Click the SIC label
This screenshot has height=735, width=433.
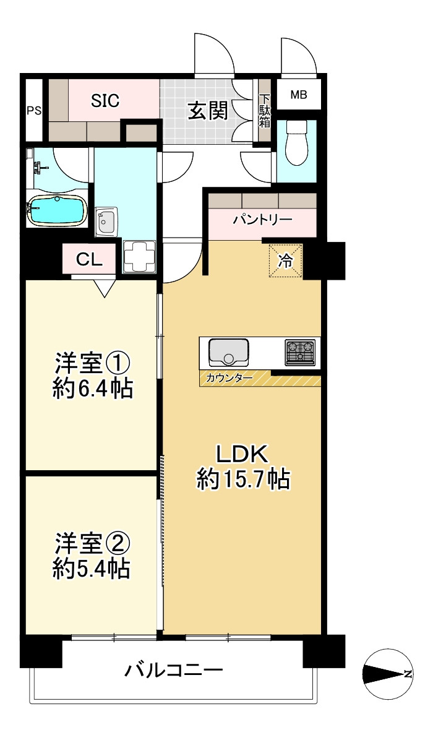[x=105, y=100]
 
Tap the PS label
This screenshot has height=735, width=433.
[x=33, y=111]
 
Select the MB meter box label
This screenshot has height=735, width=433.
[x=298, y=95]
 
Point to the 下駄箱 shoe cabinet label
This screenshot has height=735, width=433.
[x=265, y=111]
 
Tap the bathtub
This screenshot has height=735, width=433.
[x=57, y=210]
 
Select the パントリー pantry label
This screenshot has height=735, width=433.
[x=262, y=220]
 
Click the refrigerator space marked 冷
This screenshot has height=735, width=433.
[x=285, y=261]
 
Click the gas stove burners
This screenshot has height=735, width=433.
[x=299, y=351]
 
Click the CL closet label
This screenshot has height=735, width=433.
[x=89, y=260]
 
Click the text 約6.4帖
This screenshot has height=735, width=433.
[x=93, y=389]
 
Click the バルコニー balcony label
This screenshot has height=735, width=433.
[x=174, y=670]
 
